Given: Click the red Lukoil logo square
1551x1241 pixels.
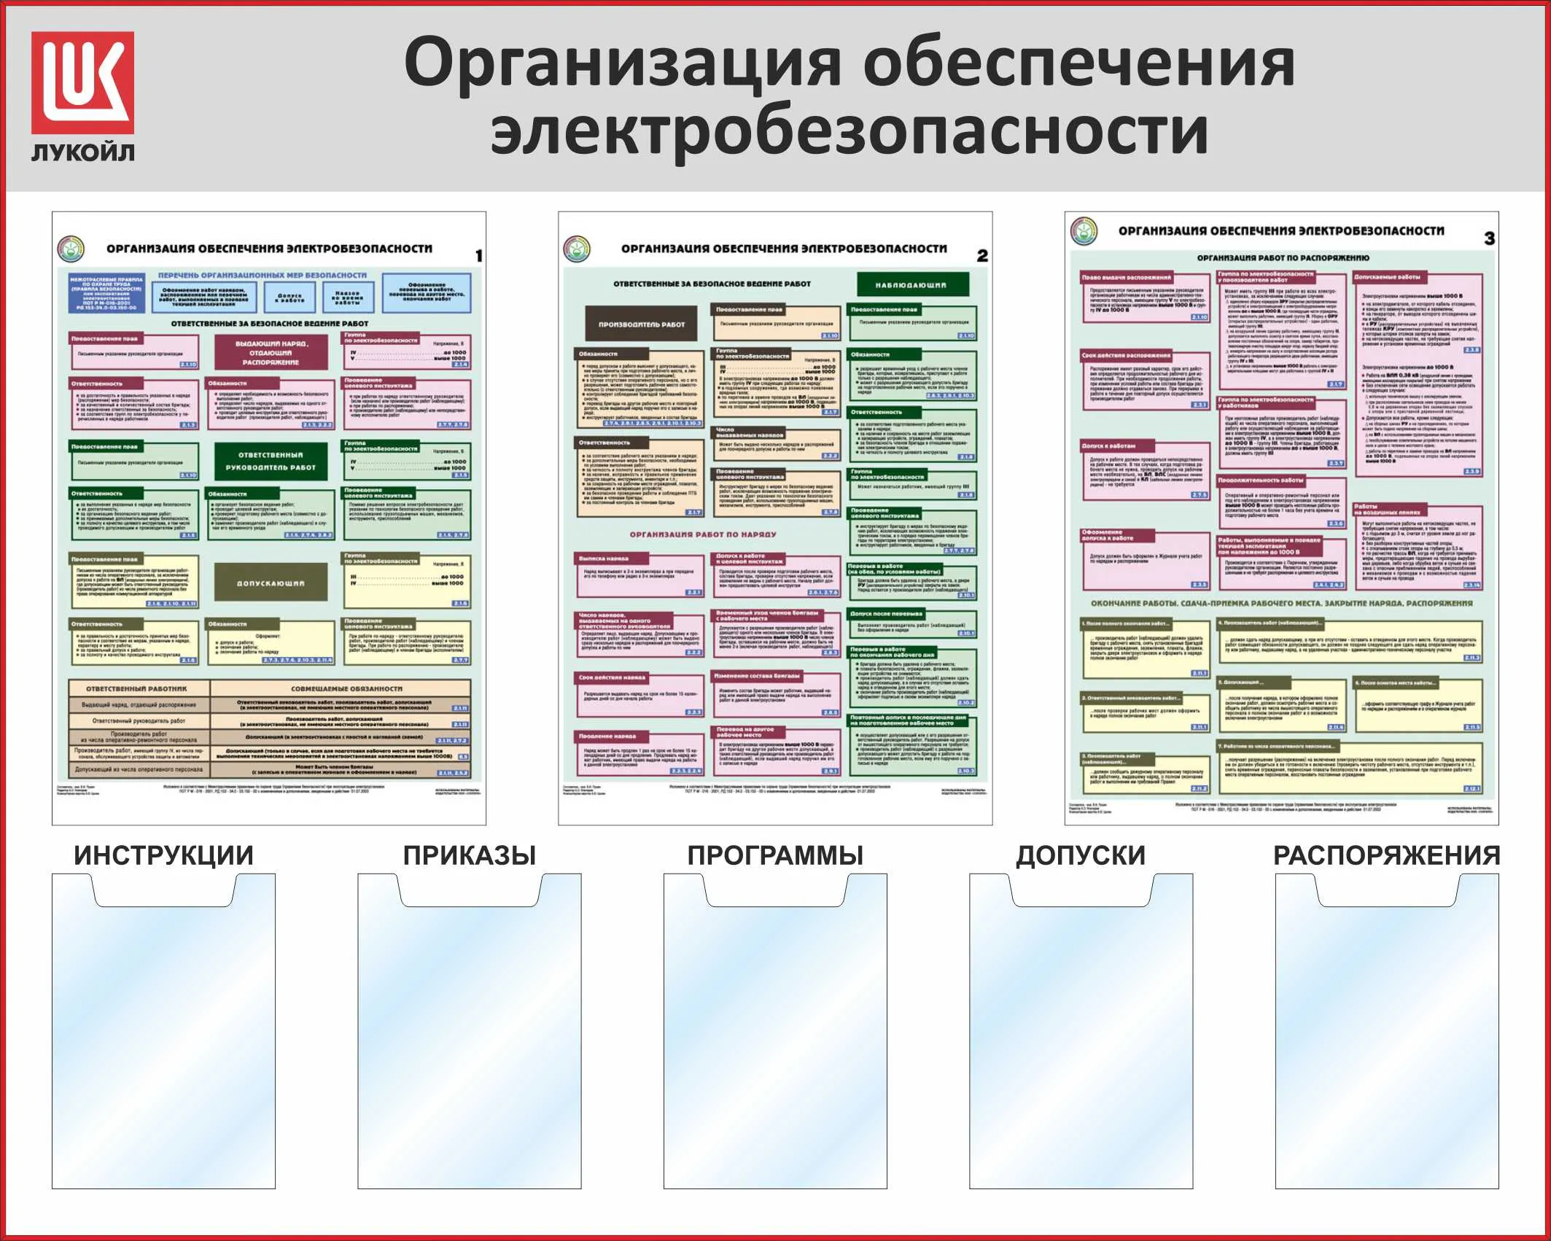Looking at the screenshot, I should click(82, 82).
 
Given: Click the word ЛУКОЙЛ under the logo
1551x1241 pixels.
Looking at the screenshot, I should click(82, 152).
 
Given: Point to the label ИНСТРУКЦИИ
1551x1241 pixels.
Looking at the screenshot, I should click(163, 855).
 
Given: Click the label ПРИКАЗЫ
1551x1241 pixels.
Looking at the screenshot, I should click(470, 855).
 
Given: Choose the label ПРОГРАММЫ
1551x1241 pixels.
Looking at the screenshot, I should click(775, 855).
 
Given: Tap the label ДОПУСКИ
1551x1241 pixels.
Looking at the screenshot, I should click(1081, 855).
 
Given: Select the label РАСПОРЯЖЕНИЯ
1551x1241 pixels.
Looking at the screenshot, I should click(1386, 855).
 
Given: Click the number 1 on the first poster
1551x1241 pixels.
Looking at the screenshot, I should click(478, 256).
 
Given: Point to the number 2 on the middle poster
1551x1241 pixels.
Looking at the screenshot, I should click(982, 256).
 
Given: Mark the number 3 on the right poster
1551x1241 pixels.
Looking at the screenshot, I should click(1489, 238).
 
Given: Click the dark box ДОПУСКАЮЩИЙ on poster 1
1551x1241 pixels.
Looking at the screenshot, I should click(271, 583).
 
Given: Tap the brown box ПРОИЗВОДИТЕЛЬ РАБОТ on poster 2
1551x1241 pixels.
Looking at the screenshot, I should click(642, 324).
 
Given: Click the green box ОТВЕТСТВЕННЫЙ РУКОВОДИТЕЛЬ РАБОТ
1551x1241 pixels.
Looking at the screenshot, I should click(271, 461).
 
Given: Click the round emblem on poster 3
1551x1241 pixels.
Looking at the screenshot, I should click(1084, 231).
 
